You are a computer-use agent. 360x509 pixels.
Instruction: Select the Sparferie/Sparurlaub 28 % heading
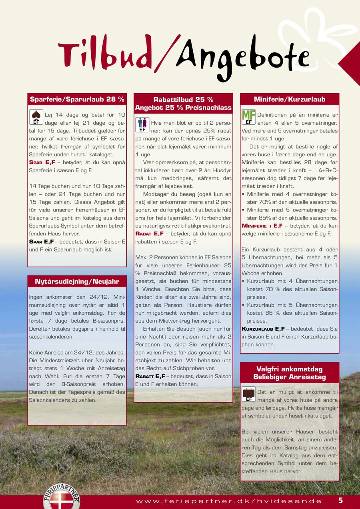(77, 99)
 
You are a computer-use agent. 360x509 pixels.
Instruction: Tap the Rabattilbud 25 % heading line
(183, 100)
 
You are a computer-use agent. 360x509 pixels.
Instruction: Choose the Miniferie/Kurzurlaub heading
(290, 99)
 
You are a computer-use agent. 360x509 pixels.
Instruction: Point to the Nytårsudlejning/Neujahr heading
(77, 281)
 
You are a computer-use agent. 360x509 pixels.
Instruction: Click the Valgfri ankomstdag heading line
(290, 369)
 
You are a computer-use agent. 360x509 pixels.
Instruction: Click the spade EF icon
(36, 117)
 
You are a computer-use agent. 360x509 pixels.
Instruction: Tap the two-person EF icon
(142, 125)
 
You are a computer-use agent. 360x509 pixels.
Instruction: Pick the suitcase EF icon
(248, 394)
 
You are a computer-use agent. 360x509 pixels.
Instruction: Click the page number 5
(341, 500)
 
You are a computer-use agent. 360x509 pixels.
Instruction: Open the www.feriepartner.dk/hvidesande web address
(229, 501)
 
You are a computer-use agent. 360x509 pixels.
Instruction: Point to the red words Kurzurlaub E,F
(263, 329)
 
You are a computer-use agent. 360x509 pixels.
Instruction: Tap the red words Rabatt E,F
(150, 376)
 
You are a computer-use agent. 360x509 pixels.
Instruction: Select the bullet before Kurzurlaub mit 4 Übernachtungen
(244, 281)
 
